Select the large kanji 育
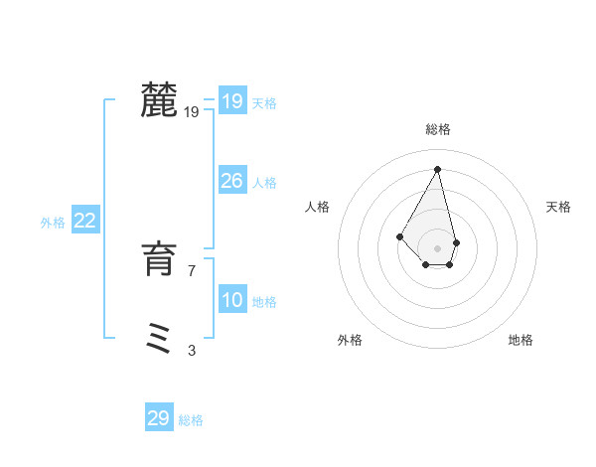(159, 259)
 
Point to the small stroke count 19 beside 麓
(192, 112)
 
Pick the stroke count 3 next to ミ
(192, 350)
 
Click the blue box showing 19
(232, 100)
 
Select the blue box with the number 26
(232, 180)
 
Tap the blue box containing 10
(232, 299)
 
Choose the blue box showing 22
(85, 221)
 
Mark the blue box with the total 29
(159, 418)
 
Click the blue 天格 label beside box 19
(264, 103)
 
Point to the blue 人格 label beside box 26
(264, 183)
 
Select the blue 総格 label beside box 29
(191, 421)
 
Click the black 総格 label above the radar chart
(438, 129)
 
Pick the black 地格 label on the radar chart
(521, 340)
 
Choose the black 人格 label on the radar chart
(318, 207)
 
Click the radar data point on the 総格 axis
(438, 169)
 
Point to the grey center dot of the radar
(438, 247)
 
